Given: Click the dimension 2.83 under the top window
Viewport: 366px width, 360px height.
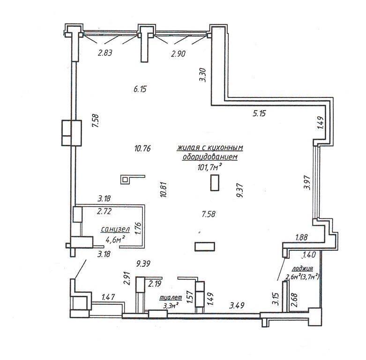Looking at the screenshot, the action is (x=105, y=53).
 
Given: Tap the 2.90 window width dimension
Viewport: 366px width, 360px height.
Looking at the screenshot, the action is (x=179, y=54).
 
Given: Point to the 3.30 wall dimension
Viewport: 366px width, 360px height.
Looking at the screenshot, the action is (x=202, y=75).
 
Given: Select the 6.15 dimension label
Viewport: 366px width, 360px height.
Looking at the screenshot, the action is (x=140, y=89).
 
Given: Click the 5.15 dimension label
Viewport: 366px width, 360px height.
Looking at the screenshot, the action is (x=259, y=114).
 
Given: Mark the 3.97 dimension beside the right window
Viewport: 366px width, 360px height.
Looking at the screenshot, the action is (x=307, y=182).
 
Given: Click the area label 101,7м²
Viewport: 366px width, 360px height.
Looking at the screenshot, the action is (x=209, y=167).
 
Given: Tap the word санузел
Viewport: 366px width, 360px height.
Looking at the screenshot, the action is (x=115, y=229).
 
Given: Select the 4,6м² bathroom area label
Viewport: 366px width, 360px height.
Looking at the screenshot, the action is (x=115, y=240).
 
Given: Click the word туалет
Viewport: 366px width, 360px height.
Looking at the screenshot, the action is (x=171, y=298).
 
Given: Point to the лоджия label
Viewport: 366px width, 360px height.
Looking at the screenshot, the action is (x=303, y=269).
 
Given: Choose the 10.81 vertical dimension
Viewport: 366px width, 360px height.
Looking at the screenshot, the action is (x=164, y=189).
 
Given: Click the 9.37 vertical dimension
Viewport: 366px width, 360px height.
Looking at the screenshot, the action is (x=240, y=190).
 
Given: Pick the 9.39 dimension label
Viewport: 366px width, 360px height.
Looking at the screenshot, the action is (x=143, y=264).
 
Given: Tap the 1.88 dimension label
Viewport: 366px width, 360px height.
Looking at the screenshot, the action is (x=301, y=238).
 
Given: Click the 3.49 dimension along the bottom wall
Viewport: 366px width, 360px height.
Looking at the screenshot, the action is (x=237, y=305).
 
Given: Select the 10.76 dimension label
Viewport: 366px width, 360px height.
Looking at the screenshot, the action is (x=142, y=148).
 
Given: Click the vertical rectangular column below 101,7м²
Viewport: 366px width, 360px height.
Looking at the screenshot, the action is (x=215, y=183).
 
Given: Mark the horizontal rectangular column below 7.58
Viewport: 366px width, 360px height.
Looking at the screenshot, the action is (x=205, y=247).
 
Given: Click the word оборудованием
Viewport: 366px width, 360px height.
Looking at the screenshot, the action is (x=210, y=157).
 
